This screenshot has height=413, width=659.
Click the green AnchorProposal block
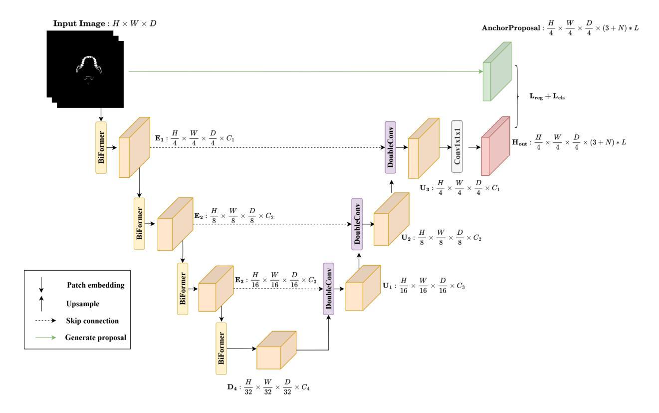click(497, 72)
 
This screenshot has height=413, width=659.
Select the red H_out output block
click(495, 146)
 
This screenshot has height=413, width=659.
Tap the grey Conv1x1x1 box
click(456, 146)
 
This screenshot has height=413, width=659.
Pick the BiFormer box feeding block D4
click(221, 348)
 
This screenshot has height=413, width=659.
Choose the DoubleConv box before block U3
click(390, 147)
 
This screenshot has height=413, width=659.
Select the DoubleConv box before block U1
click(328, 288)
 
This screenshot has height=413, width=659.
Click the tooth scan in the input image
click(88, 67)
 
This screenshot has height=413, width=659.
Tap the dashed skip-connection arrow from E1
click(264, 148)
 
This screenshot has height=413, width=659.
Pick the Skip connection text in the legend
click(92, 320)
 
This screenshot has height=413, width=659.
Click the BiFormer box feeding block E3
click(183, 288)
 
